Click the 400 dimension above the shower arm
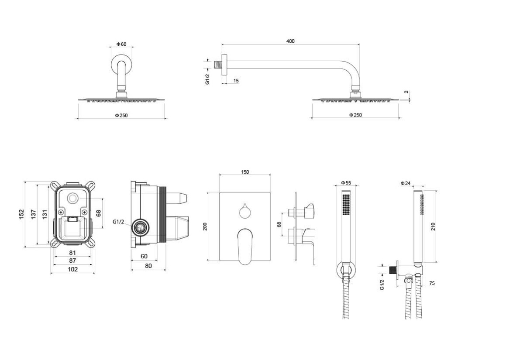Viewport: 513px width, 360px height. coord(290,41)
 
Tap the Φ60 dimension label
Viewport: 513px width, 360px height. coord(121,44)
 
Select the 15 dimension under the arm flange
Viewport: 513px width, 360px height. coord(236,81)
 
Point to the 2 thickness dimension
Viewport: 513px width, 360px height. coord(406,92)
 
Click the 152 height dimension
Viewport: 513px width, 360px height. coord(21,214)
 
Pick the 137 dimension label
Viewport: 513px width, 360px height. coord(34,214)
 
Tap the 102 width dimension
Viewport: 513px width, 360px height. coord(72,269)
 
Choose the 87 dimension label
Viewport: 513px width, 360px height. coord(72,261)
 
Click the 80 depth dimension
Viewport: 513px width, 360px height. coord(148,266)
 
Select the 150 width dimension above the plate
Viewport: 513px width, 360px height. coord(245,172)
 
